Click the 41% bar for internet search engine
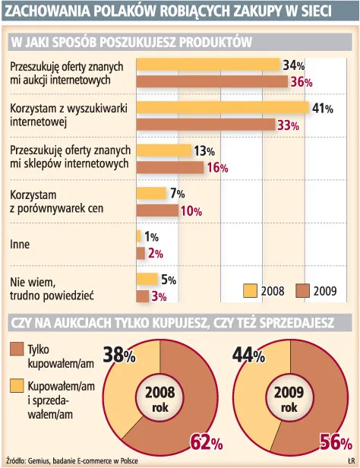[223, 108]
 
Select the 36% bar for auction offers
[210, 81]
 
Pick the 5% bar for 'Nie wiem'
[147, 279]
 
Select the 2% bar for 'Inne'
[141, 253]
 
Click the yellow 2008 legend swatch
[251, 289]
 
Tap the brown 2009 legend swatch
[303, 289]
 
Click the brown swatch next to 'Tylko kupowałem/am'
[17, 349]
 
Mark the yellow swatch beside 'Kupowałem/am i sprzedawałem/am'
[17, 387]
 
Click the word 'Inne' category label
[20, 245]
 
